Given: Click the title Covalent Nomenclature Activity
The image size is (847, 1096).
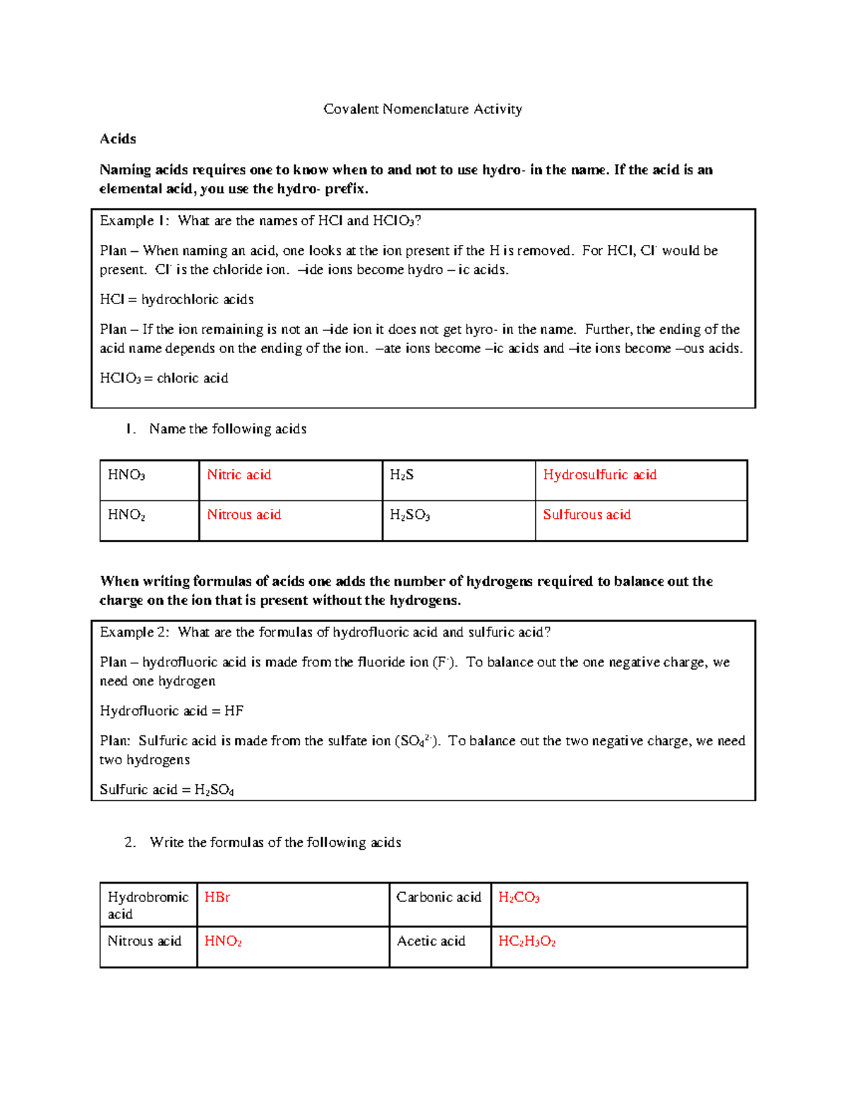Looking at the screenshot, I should [x=422, y=109].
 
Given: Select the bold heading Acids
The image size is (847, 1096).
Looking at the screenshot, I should [x=118, y=139].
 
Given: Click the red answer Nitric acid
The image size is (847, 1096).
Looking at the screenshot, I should [x=239, y=475].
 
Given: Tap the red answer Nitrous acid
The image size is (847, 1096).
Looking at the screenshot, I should [x=244, y=514].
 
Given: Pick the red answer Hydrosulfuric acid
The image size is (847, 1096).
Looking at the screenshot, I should [x=599, y=475].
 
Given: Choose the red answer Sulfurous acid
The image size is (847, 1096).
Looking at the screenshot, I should [x=587, y=514].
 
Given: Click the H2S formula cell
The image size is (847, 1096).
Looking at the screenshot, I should [x=402, y=475].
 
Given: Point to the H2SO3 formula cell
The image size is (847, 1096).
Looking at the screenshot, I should [x=409, y=515].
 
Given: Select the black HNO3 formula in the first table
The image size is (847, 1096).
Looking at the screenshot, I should [x=126, y=475].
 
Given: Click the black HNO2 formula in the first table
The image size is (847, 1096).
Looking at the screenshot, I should [x=126, y=515].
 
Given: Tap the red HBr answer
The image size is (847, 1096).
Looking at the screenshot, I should [x=217, y=897].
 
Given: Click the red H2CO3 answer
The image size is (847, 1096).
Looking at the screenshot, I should [x=519, y=898].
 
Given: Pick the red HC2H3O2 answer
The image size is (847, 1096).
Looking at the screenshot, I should [x=527, y=941].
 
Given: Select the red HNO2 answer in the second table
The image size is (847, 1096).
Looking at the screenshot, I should [x=223, y=941].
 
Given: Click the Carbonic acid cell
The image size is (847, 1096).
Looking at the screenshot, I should [x=438, y=897].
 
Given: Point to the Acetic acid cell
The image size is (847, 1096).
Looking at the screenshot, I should [x=431, y=941].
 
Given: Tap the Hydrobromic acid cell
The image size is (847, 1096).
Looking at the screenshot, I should [x=148, y=905].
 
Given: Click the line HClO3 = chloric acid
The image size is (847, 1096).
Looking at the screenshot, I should [x=164, y=378].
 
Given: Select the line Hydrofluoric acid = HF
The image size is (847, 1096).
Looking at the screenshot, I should [x=172, y=711].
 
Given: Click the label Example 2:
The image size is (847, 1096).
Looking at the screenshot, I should [x=134, y=632].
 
